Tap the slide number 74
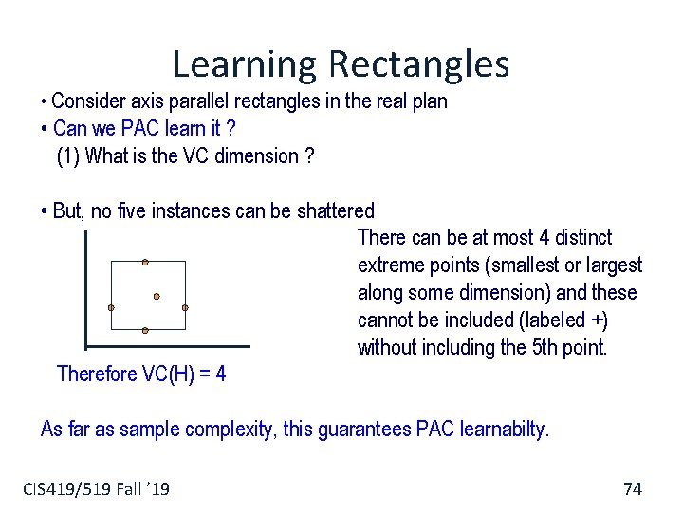632,488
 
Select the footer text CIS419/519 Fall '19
96,488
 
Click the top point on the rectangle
145,262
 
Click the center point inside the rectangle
157,296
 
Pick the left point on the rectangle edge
111,308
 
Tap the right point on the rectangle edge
185,308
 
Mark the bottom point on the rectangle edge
145,330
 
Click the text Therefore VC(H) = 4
141,374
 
